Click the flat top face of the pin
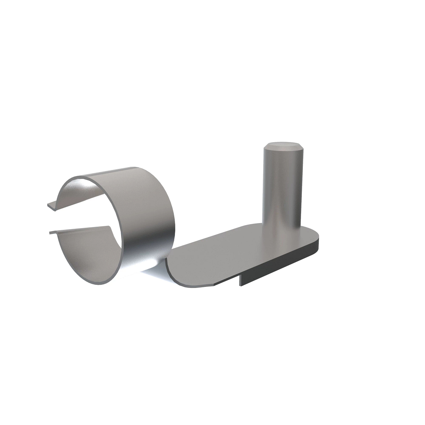(x=282, y=145)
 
